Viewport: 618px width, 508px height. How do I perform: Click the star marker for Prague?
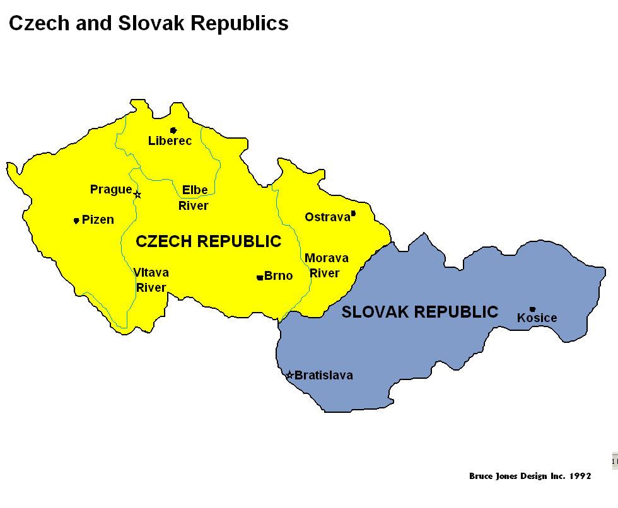(137, 195)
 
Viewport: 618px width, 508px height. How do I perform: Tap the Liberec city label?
(170, 141)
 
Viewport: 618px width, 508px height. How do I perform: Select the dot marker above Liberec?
(173, 130)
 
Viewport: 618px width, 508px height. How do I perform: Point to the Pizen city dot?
(76, 221)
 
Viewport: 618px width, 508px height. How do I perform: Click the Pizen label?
(98, 220)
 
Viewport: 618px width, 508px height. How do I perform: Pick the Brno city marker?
(260, 277)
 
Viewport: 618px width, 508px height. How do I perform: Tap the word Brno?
(278, 276)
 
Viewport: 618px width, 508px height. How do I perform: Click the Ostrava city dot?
(353, 214)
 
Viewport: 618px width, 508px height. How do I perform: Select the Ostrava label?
(327, 217)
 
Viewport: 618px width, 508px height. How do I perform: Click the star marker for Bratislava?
(289, 375)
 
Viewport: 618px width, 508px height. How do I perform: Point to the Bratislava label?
(324, 376)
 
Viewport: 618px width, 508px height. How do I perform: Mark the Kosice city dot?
(532, 309)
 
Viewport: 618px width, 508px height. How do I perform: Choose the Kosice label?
(537, 318)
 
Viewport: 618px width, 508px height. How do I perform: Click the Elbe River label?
(194, 198)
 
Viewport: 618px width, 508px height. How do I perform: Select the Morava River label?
(326, 266)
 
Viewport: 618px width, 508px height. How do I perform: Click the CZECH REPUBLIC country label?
(209, 241)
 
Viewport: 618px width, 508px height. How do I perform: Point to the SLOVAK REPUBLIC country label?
(419, 312)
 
